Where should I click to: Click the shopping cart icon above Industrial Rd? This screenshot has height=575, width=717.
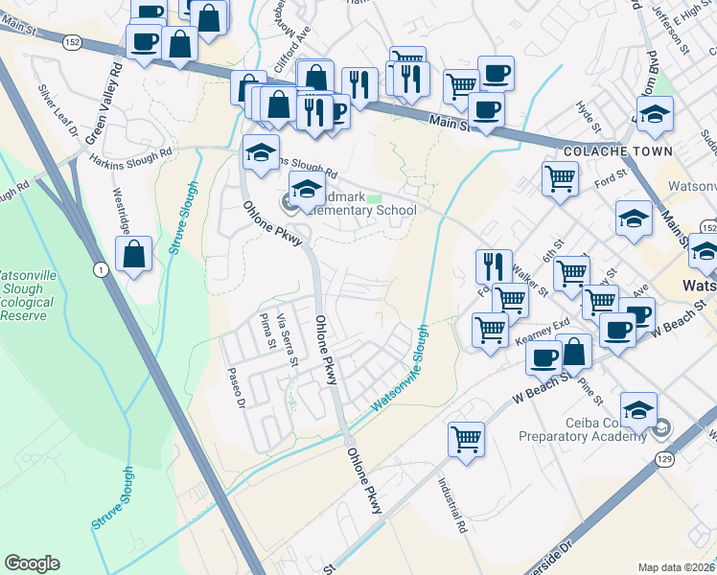tap(466, 440)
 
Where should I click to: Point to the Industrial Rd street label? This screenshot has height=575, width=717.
tap(452, 507)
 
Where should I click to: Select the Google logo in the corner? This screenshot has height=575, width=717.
tap(32, 563)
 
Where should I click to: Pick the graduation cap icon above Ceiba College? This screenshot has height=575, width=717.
tap(638, 409)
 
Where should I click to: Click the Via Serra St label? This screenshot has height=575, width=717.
tap(287, 341)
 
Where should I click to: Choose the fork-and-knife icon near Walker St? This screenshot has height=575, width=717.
tap(493, 265)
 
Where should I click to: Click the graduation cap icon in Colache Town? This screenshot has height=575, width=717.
tap(656, 115)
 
